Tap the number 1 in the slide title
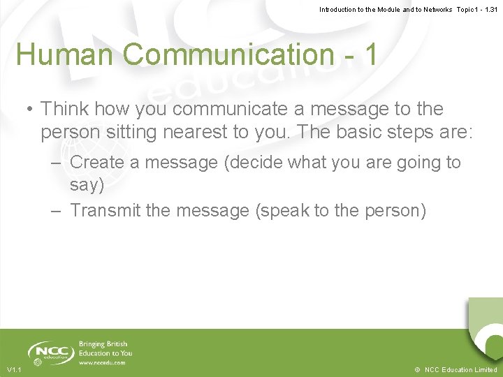tap(368, 54)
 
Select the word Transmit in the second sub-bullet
tap(105, 210)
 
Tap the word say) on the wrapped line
tap(87, 185)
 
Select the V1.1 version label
tap(14, 370)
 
